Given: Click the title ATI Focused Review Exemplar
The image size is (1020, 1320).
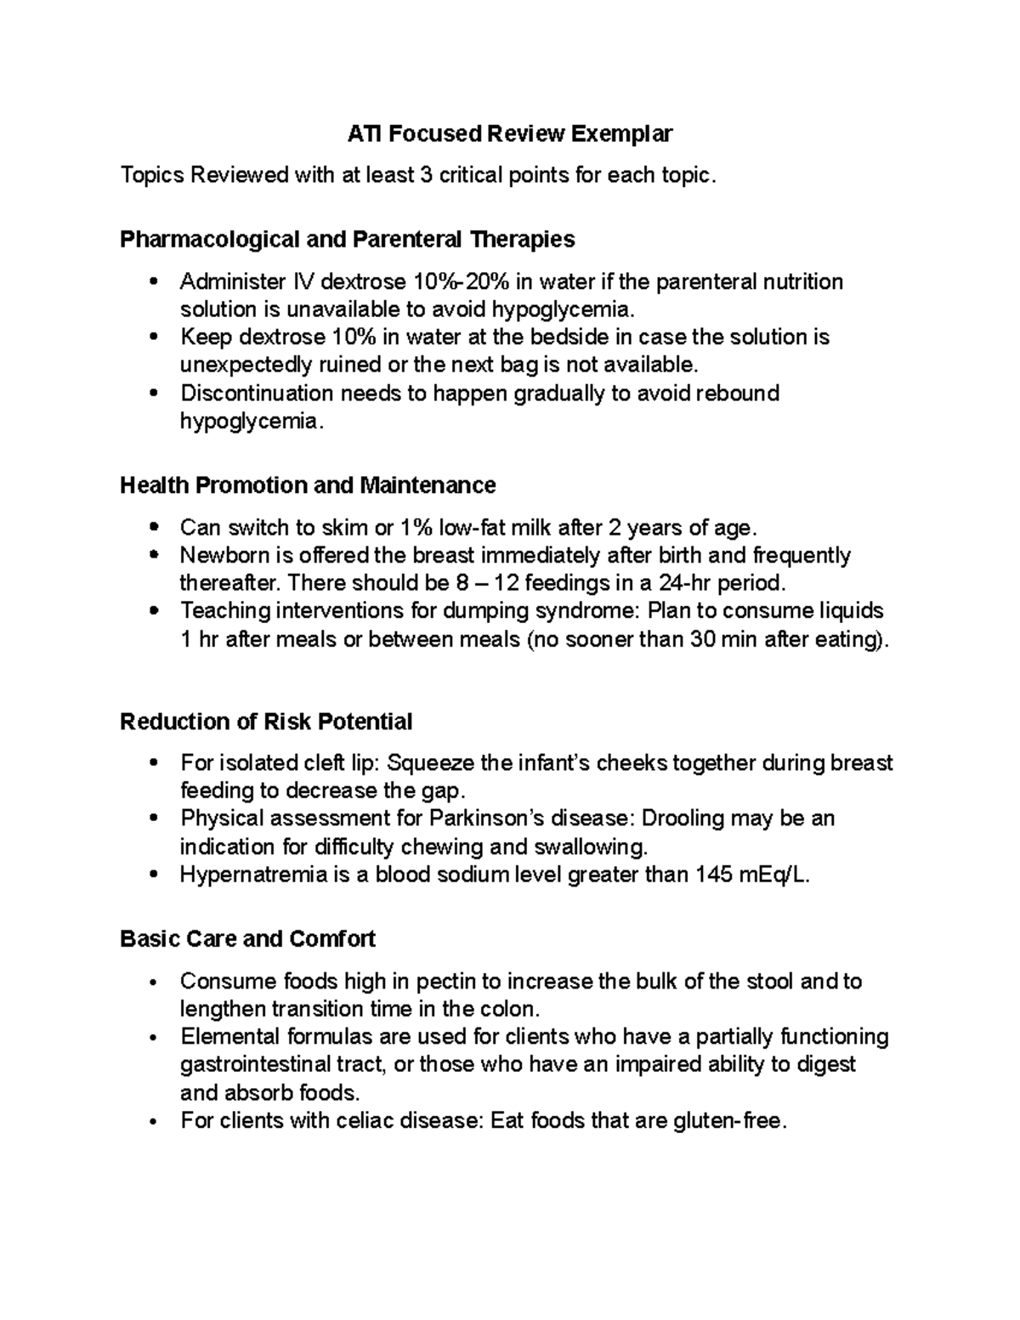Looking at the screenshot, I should pyautogui.click(x=510, y=133).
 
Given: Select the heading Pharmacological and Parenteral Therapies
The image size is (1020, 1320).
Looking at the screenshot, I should pyautogui.click(x=347, y=240).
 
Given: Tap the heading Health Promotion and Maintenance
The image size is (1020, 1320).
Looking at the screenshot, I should pyautogui.click(x=308, y=485).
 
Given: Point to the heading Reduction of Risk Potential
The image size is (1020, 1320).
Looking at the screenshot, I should pyautogui.click(x=266, y=722).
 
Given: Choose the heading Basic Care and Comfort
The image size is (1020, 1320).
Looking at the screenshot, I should pyautogui.click(x=247, y=939).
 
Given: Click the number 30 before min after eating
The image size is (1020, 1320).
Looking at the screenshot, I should pyautogui.click(x=701, y=639).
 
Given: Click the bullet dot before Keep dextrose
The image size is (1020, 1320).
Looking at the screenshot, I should pyautogui.click(x=153, y=337).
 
